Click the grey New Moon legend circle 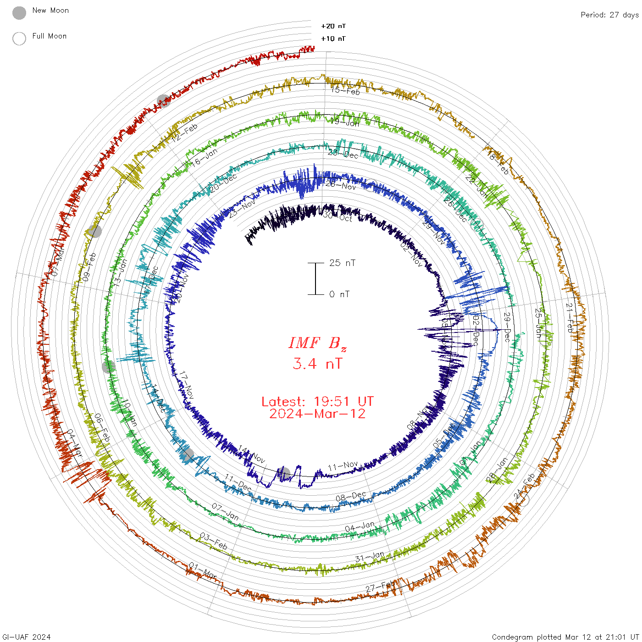19,13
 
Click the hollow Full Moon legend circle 19,39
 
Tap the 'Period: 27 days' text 609,15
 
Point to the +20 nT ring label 333,26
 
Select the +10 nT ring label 333,39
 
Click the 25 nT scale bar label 342,263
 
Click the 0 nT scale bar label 339,294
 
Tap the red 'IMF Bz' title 317,343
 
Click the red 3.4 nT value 317,364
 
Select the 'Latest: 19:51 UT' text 317,402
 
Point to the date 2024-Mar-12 317,414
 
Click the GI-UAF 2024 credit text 27,637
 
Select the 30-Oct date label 338,216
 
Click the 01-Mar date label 203,572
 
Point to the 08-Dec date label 351,497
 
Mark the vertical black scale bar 315,279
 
